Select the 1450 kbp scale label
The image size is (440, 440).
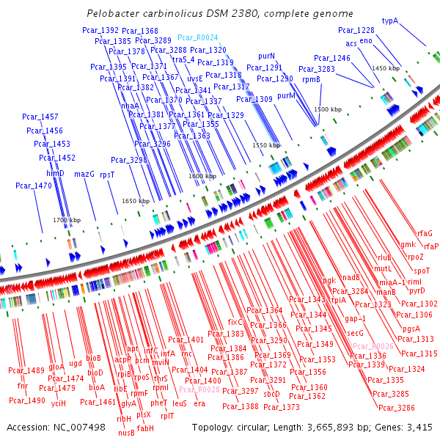tap(386, 68)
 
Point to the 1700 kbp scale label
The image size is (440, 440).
tap(66, 220)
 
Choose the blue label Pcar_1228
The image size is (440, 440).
tap(356, 30)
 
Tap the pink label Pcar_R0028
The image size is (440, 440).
tap(199, 390)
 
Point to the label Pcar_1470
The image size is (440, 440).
tap(34, 186)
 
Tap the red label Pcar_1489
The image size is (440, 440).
tap(27, 370)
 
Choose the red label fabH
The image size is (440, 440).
tap(145, 428)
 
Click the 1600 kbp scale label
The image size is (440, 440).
tap(201, 177)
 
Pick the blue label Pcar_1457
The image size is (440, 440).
tap(40, 117)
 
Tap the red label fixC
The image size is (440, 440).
tap(235, 321)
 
